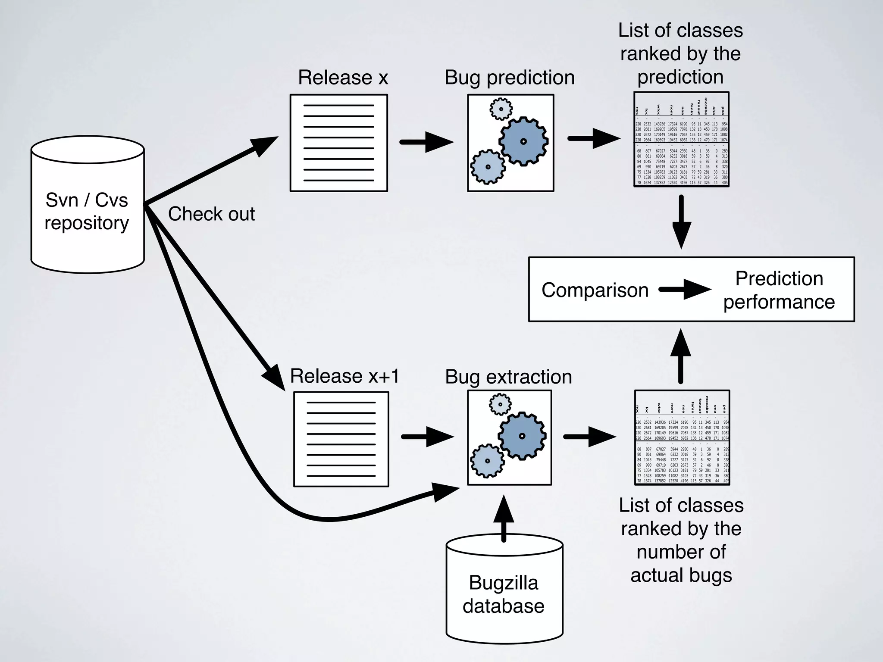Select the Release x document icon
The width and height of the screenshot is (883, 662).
tap(339, 143)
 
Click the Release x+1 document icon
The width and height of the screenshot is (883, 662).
tap(341, 439)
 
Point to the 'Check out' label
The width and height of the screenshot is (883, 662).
tap(211, 214)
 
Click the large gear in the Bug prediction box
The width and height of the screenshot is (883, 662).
tap(523, 141)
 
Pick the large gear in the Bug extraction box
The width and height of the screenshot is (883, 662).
tap(522, 436)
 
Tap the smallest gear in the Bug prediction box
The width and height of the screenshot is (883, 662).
tap(501, 109)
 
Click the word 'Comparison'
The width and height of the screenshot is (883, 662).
tap(595, 290)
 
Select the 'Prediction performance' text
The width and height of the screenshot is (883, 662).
tap(779, 290)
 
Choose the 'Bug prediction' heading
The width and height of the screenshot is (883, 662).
tap(510, 78)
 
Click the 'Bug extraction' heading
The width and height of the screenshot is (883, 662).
tap(508, 377)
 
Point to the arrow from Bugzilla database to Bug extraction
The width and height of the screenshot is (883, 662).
tap(504, 519)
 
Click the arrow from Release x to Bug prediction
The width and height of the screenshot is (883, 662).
tap(426, 142)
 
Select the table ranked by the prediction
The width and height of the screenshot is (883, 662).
tap(681, 139)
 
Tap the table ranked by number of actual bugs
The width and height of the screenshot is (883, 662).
tap(682, 437)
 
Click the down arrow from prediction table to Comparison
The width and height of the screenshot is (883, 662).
tap(681, 222)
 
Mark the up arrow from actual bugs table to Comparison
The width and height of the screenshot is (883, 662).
tap(681, 356)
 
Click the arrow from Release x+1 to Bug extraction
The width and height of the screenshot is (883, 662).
tap(427, 437)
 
